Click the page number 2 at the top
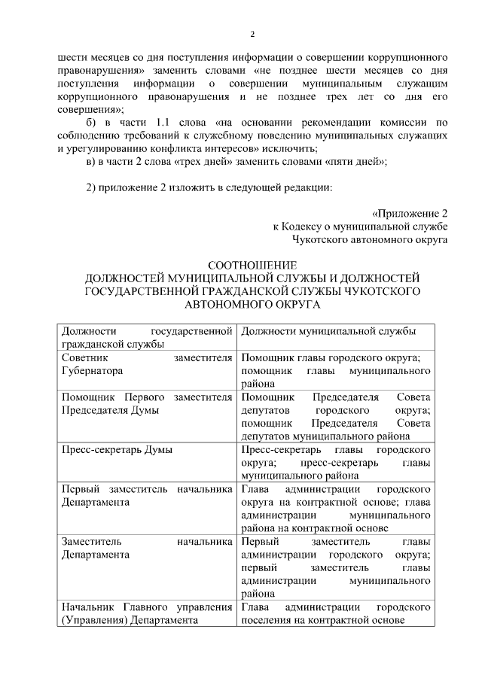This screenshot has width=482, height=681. tap(253, 34)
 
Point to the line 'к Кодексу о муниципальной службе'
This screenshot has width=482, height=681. tap(361, 226)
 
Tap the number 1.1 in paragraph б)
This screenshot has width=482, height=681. tap(165, 123)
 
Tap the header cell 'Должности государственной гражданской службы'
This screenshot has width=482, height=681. tap(147, 338)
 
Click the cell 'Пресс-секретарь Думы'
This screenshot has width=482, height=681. tap(117, 450)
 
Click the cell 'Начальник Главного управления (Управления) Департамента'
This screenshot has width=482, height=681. tap(147, 613)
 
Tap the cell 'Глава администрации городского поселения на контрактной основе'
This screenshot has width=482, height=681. tap(335, 613)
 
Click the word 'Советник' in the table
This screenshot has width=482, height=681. tap(85, 357)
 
